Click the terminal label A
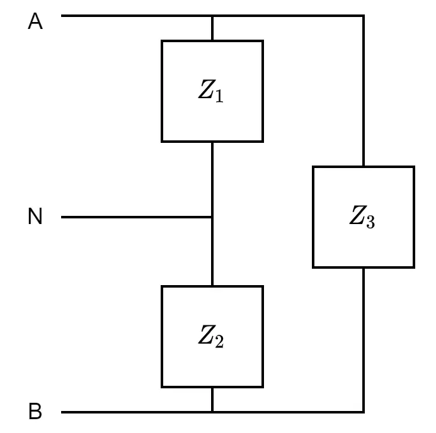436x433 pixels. [35, 21]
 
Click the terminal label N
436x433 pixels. [35, 216]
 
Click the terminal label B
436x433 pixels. [35, 411]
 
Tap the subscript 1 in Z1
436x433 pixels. [219, 96]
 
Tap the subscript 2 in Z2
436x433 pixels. [219, 341]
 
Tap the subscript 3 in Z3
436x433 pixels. [370, 222]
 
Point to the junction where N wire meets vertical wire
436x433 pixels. [212, 217]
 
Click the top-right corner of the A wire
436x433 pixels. [364, 16]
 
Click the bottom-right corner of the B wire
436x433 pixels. [364, 412]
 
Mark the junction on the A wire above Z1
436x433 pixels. [212, 16]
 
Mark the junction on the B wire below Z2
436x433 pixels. [212, 412]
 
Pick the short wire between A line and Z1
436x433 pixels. [212, 28]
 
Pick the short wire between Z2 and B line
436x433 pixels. [212, 400]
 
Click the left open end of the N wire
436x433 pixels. [62, 217]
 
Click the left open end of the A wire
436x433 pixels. [62, 16]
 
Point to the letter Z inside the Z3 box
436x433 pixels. [358, 215]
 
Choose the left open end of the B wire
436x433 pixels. [62, 412]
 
